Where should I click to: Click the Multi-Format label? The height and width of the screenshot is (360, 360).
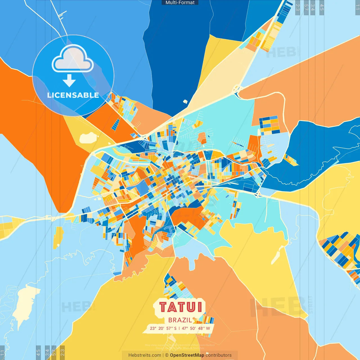(180, 3)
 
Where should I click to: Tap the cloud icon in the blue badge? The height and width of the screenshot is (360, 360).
(73, 60)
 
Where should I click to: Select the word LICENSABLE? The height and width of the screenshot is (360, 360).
(73, 95)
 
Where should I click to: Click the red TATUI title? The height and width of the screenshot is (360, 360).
(181, 307)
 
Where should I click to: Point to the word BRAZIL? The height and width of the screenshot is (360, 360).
(180, 320)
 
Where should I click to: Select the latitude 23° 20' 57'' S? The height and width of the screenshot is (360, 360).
(163, 328)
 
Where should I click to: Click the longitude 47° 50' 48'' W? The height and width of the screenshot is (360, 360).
(196, 328)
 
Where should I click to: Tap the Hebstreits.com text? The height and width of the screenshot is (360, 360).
(145, 355)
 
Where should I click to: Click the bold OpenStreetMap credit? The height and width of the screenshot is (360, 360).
(187, 355)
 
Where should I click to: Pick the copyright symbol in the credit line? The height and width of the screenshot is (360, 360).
(167, 355)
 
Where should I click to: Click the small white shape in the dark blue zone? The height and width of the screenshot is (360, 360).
(185, 102)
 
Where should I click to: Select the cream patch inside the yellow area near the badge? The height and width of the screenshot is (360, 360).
(89, 138)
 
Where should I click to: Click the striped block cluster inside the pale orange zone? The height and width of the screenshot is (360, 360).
(269, 125)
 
